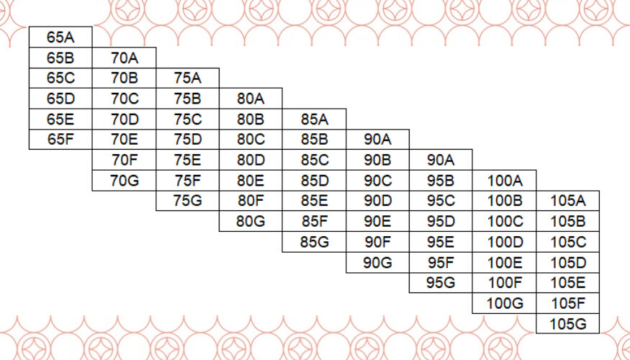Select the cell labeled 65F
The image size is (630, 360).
[x=60, y=139]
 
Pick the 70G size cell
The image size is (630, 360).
[x=124, y=180]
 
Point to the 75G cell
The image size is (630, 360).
[x=187, y=201]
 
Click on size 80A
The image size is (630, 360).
[x=251, y=99]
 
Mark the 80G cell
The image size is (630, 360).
[x=251, y=221]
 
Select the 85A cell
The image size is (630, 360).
[x=314, y=119]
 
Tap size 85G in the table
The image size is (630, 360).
[x=314, y=241]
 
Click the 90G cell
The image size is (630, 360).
[x=377, y=262]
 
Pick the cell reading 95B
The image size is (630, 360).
[x=441, y=180]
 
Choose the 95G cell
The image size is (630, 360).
[x=441, y=282]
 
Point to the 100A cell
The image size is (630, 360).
[x=504, y=180]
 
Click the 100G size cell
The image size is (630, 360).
[x=504, y=303]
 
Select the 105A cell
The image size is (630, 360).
[x=567, y=201]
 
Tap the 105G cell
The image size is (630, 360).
[x=567, y=323]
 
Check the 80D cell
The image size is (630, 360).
[x=251, y=160]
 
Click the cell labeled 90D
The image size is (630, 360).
[x=377, y=201]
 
